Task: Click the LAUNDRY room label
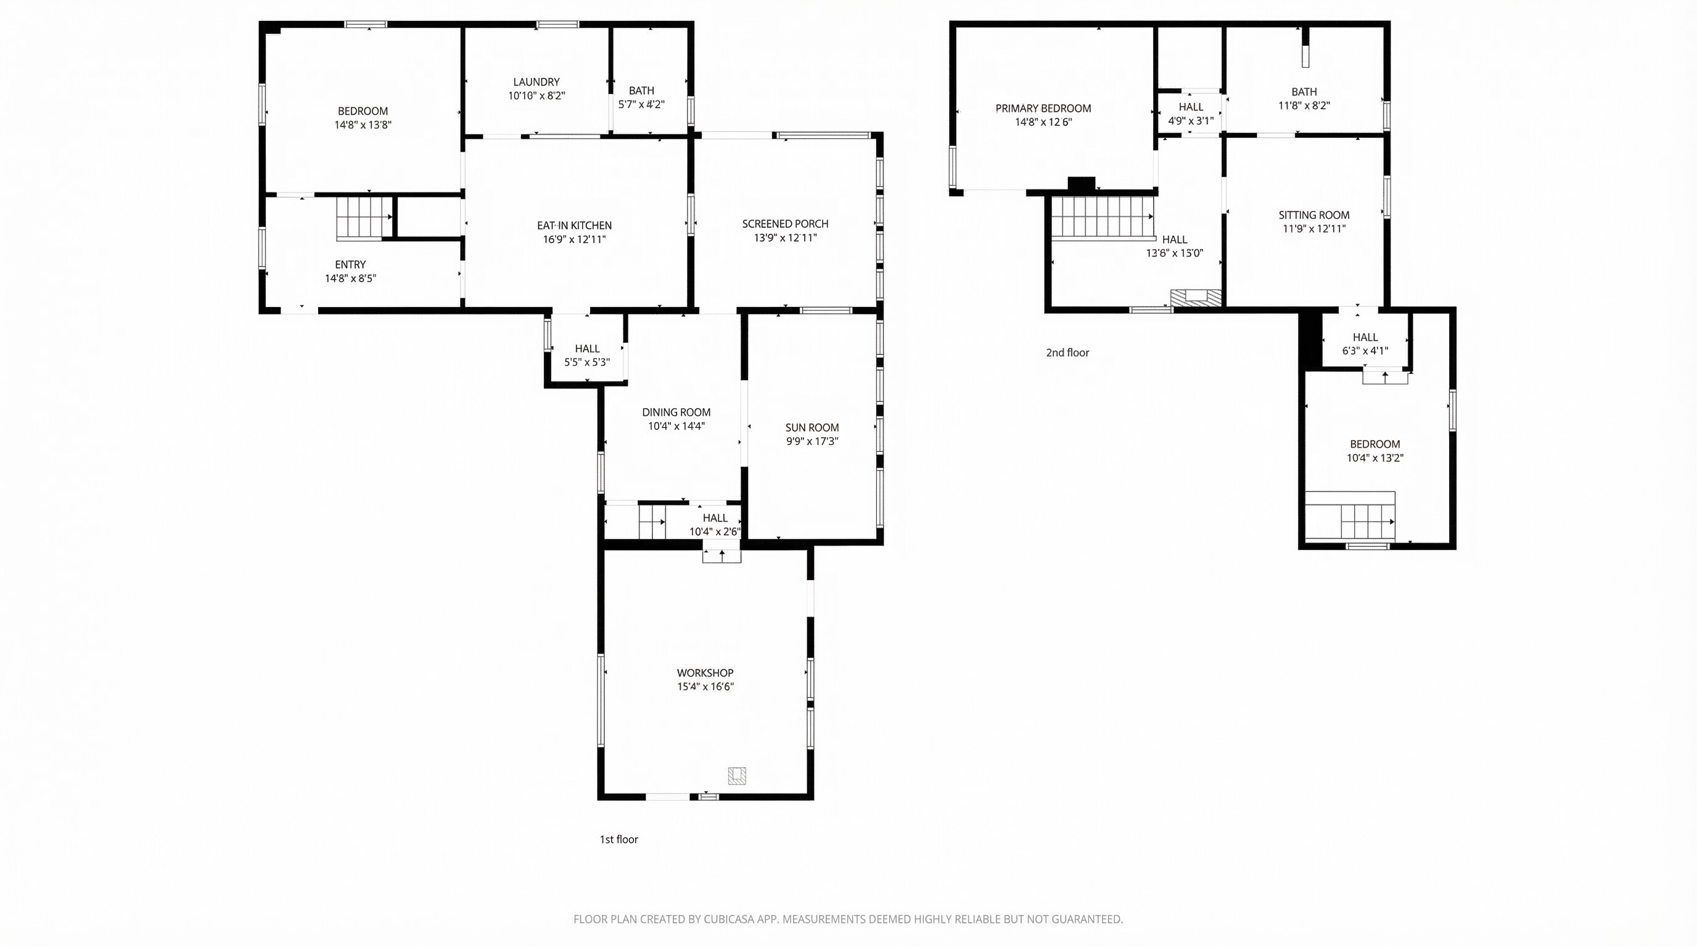[x=536, y=81]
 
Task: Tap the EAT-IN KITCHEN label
[x=574, y=225]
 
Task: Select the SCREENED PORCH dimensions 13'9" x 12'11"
[x=785, y=238]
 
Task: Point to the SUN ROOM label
[x=812, y=427]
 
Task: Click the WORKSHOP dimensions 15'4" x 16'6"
[x=705, y=686]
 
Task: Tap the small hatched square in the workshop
[x=736, y=775]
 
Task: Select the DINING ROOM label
[x=676, y=412]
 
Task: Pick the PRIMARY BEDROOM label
[x=1043, y=108]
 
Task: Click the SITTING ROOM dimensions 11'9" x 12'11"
[x=1313, y=229]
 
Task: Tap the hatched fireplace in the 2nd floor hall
[x=1196, y=298]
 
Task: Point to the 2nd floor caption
[x=1067, y=352]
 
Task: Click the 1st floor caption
[x=618, y=839]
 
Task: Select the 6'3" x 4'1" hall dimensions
[x=1365, y=351]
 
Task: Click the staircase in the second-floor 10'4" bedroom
[x=1350, y=517]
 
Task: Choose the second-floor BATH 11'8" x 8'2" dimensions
[x=1304, y=105]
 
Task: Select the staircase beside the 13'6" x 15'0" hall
[x=1103, y=218]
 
